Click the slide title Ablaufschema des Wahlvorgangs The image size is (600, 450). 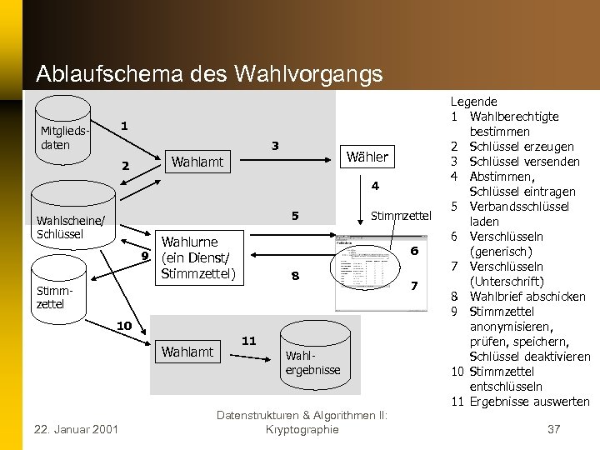(x=209, y=73)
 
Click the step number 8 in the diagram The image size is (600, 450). (x=294, y=276)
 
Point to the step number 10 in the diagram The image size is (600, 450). (x=122, y=324)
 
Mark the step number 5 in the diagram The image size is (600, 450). (x=294, y=216)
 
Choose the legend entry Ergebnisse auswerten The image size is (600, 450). (x=529, y=401)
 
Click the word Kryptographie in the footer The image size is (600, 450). (x=301, y=429)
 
